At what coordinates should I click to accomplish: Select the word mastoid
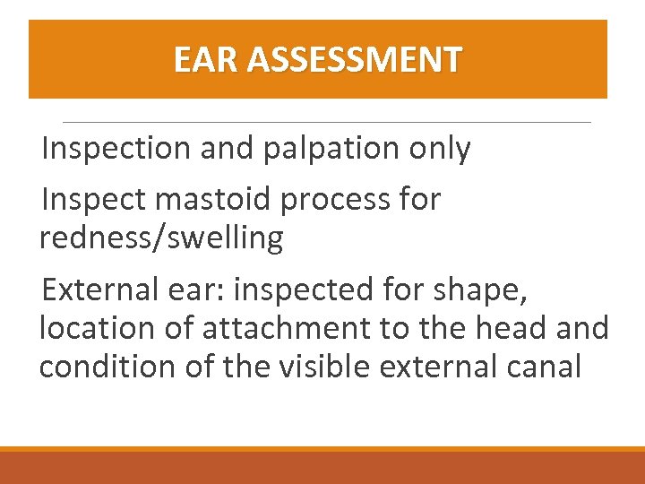(212, 200)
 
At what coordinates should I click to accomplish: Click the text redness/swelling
(161, 238)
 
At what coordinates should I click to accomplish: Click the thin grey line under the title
(327, 122)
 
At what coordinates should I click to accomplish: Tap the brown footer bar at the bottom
(322, 468)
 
